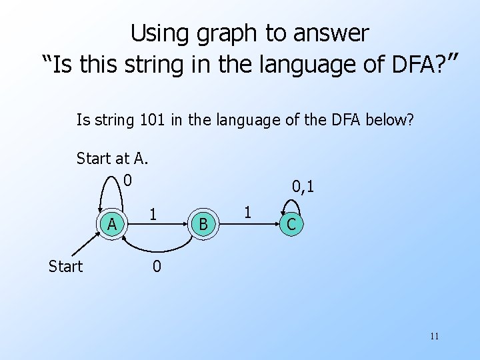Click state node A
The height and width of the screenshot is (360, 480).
click(x=113, y=225)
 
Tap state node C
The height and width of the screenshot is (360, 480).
click(x=291, y=225)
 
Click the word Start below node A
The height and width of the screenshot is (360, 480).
click(x=65, y=267)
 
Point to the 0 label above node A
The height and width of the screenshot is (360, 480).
click(x=127, y=180)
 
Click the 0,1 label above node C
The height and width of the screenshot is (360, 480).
click(x=303, y=187)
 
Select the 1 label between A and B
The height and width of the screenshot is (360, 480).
click(x=153, y=214)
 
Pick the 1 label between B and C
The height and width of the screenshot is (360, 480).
click(x=247, y=213)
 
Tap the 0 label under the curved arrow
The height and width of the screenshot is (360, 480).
click(x=156, y=267)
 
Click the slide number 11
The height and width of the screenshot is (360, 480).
click(x=434, y=336)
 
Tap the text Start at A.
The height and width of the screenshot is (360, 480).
click(x=112, y=158)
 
